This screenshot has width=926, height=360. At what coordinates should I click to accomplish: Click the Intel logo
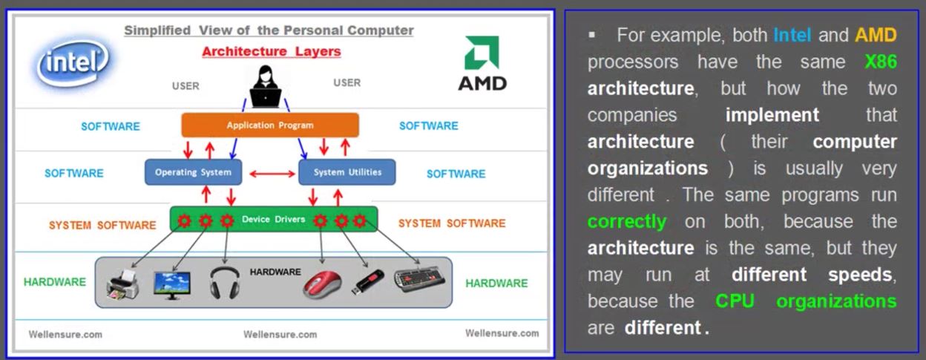click(73, 62)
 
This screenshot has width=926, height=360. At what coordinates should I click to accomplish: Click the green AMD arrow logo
click(482, 53)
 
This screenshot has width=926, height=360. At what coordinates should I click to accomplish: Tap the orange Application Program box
click(270, 125)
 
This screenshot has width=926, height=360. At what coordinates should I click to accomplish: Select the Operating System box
click(193, 172)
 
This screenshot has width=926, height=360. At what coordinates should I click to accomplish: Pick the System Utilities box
click(347, 172)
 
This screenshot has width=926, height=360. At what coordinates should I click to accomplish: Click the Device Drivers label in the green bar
click(273, 219)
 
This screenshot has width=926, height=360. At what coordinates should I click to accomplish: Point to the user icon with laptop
click(266, 87)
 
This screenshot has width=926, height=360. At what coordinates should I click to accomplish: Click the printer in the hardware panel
click(122, 284)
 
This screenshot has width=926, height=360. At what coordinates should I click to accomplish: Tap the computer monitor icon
click(171, 285)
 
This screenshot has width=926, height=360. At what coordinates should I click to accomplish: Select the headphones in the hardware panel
click(225, 283)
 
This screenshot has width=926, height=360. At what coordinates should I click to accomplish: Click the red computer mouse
click(323, 284)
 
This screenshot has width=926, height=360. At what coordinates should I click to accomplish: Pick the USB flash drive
click(367, 282)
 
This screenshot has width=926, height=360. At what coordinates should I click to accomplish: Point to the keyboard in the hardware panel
click(420, 279)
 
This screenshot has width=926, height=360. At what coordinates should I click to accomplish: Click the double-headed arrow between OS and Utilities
click(272, 174)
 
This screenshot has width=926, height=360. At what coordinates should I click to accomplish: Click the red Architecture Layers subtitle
click(271, 51)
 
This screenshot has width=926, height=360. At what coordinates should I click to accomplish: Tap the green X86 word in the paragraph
click(881, 62)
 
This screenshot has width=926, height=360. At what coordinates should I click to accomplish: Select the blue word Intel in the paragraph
click(792, 35)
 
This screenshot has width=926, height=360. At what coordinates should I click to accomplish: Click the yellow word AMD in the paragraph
click(876, 35)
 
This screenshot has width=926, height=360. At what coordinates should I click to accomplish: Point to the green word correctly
click(627, 222)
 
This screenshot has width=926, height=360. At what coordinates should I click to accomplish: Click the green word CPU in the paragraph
click(735, 301)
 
